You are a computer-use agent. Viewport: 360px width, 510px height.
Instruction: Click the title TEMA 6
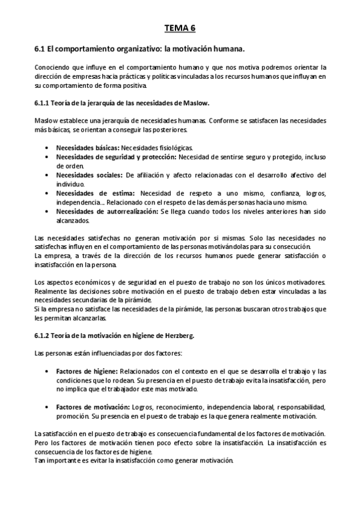pos(180,28)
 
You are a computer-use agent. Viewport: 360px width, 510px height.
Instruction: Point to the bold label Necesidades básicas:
pos(88,147)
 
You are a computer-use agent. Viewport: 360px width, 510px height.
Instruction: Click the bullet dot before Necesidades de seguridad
pos(47,157)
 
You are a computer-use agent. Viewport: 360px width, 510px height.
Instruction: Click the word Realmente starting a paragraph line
pos(50,290)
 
